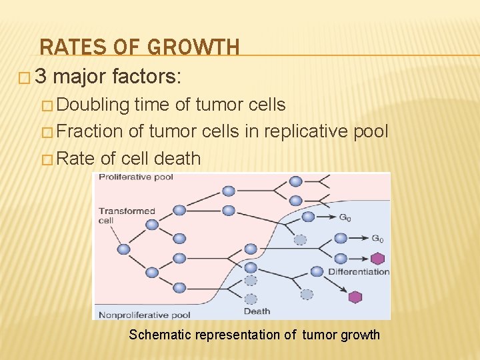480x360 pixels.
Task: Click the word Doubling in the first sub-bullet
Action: click(x=94, y=105)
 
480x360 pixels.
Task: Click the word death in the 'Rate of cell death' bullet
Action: click(x=177, y=159)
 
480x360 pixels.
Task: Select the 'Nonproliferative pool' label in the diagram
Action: click(x=145, y=315)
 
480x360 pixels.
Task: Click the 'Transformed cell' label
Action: click(x=127, y=215)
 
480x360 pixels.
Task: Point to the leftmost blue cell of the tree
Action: click(x=124, y=249)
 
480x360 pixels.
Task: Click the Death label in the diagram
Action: click(x=257, y=311)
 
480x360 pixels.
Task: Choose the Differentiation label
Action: click(x=359, y=272)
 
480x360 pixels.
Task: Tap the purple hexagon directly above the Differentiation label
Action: click(x=377, y=259)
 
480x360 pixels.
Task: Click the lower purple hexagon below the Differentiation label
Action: click(x=355, y=297)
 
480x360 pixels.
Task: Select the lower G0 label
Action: click(x=377, y=239)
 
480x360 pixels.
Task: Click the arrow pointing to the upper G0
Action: click(x=326, y=217)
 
